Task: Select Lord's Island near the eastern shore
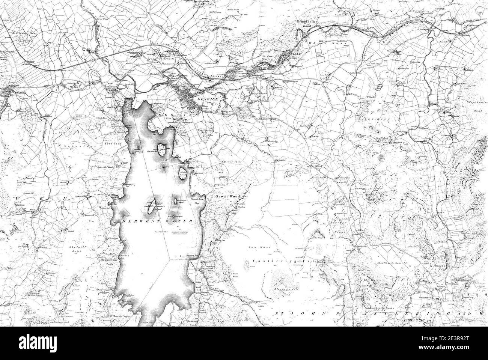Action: [184, 173]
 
